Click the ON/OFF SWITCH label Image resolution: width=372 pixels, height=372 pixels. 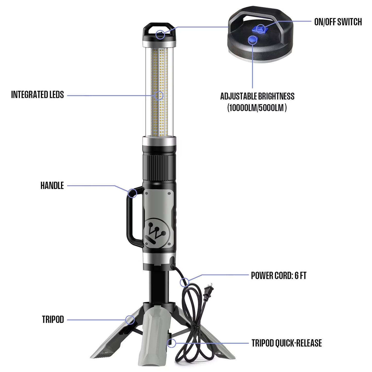pos(338,22)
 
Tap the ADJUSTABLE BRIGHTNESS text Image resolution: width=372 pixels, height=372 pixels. pos(257,96)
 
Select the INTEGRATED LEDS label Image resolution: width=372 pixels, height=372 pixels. pos(37,95)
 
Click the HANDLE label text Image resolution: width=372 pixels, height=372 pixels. pos(52,185)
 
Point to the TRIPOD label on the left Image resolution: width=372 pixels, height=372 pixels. pos(53,319)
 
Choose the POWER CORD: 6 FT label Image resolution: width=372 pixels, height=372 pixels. pos(279,275)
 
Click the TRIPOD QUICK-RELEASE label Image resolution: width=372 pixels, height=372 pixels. pos(287,343)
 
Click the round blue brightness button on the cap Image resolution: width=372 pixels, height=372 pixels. pos(252,40)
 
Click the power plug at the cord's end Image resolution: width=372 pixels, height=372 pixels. pos(208,292)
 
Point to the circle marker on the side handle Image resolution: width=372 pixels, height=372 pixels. pos(132,193)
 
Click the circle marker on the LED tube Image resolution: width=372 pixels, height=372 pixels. pos(159,96)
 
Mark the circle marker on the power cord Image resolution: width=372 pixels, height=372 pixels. pos(184,282)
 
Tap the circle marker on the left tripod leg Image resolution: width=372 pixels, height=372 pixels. pos(130,320)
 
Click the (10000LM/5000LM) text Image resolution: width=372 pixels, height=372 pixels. pos(257,108)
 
